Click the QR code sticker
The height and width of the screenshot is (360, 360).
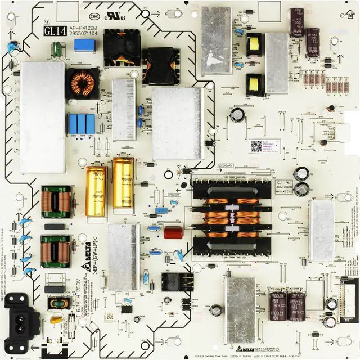pyautogui.click(x=256, y=146)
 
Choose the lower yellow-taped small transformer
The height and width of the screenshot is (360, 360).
pyautogui.click(x=255, y=84)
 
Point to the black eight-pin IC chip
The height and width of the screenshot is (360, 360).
pyautogui.click(x=127, y=309)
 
